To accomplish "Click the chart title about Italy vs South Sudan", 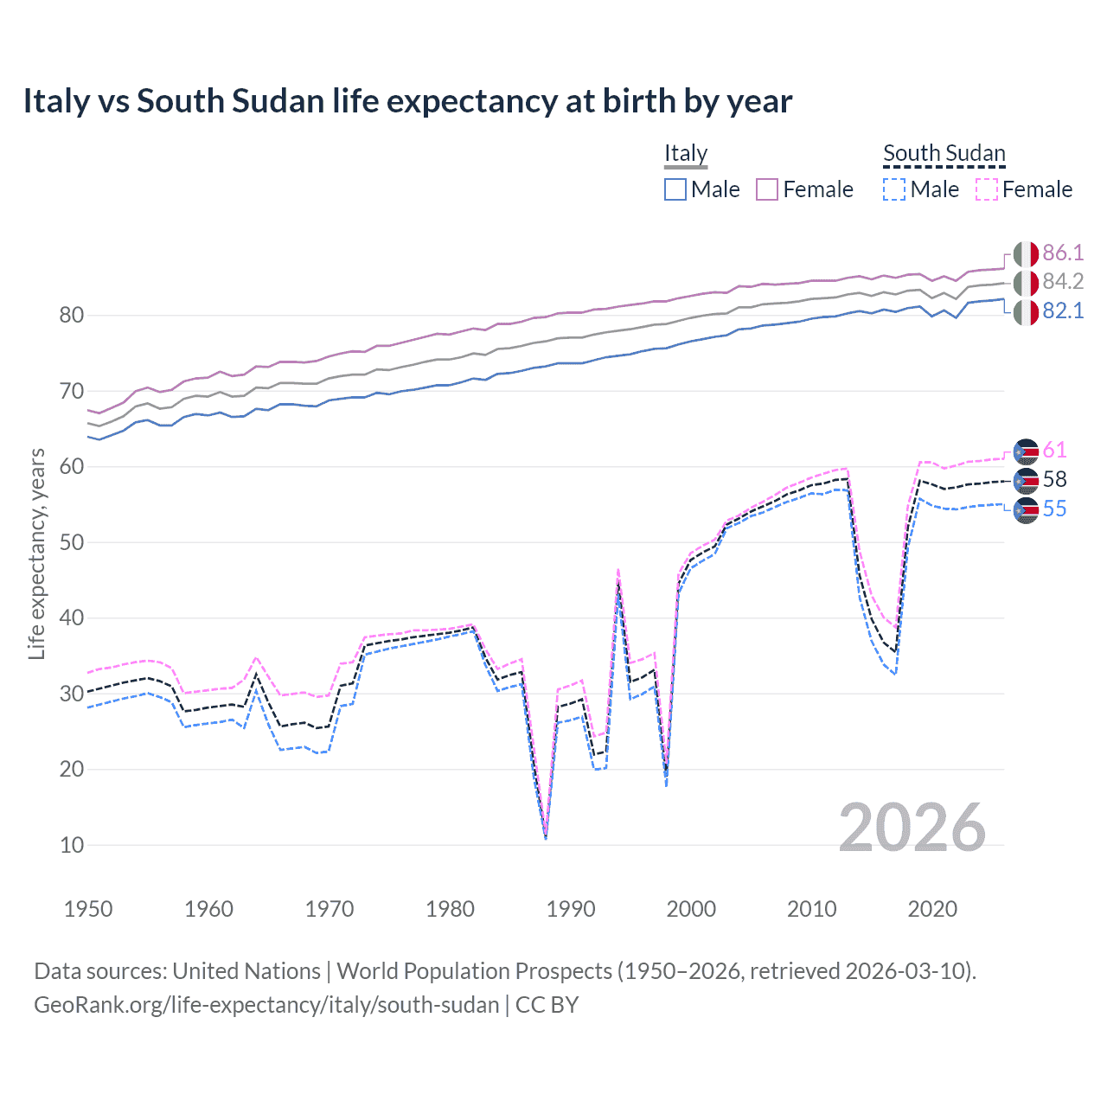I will [x=407, y=101].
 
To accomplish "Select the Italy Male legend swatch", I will [x=675, y=189].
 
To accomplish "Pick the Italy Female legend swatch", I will [x=767, y=189].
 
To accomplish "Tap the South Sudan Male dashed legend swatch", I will [x=894, y=189].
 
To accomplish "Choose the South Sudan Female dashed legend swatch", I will [x=987, y=189].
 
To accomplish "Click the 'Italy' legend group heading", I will [x=686, y=153].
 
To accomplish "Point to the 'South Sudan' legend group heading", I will [x=944, y=153].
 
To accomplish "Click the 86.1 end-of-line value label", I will [x=1063, y=253].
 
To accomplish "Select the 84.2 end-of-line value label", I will [x=1063, y=282].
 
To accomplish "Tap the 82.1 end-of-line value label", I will [x=1063, y=311].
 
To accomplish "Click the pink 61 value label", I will [x=1054, y=451].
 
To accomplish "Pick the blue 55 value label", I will [x=1054, y=509].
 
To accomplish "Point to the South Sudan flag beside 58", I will [x=1026, y=481].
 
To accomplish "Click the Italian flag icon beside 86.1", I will [x=1026, y=254].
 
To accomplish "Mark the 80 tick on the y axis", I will [x=72, y=316].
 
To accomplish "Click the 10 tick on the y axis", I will [x=72, y=846].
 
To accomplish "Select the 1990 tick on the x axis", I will [x=571, y=909].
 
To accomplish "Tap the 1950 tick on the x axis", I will [x=88, y=909].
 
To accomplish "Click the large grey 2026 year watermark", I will [x=912, y=828].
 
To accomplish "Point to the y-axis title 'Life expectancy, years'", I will [x=36, y=553].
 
